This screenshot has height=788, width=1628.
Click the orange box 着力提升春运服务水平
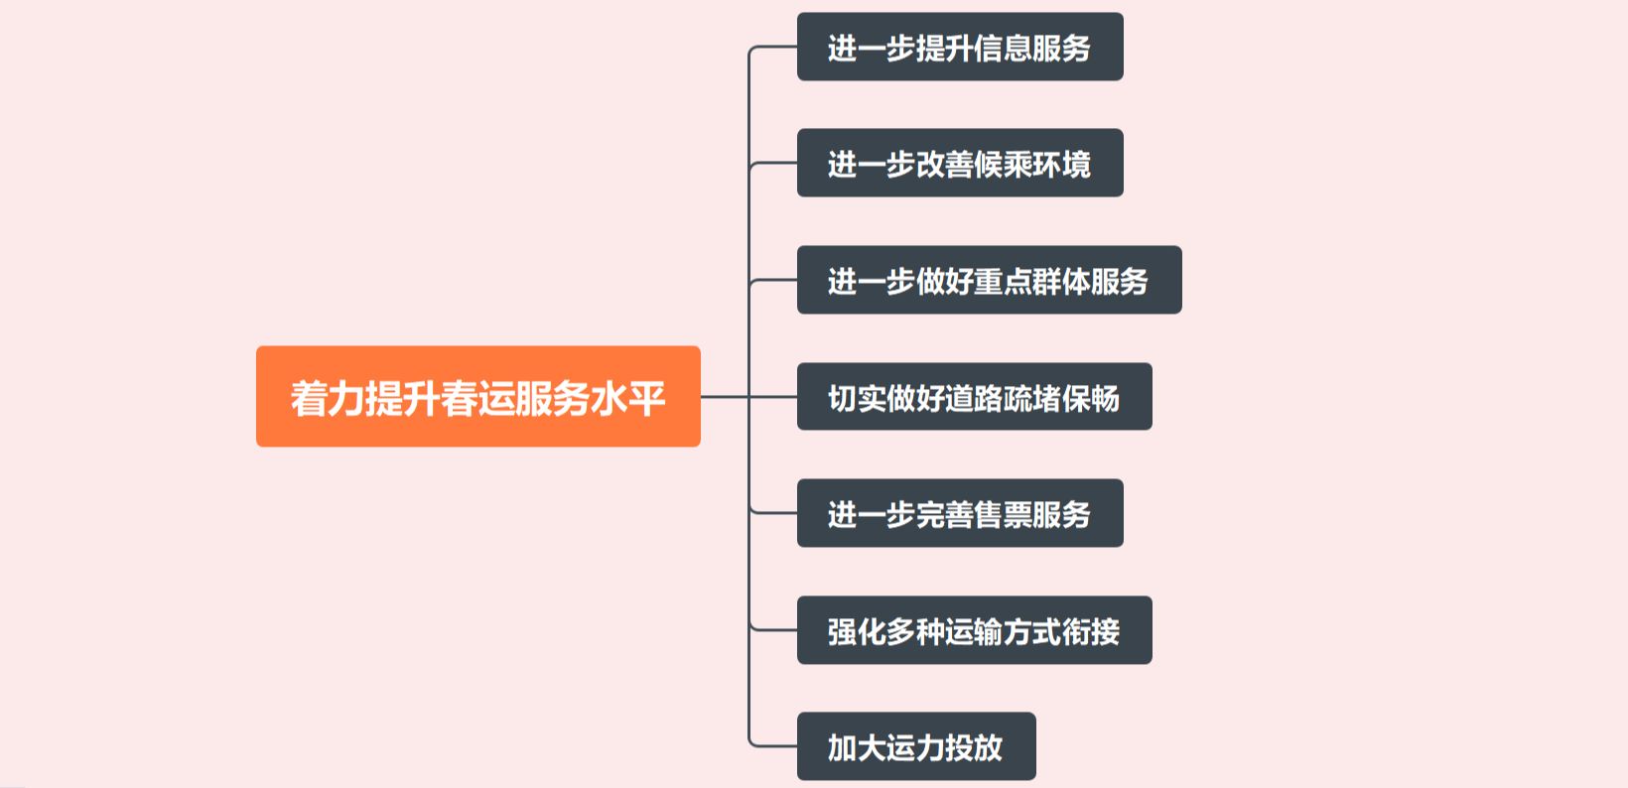click(477, 397)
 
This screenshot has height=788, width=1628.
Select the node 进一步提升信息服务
click(959, 48)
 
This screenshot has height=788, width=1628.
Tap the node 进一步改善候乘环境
click(959, 164)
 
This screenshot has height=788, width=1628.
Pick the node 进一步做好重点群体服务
click(989, 281)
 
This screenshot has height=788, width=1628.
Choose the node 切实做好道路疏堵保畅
click(974, 397)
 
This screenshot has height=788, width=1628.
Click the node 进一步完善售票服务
click(959, 514)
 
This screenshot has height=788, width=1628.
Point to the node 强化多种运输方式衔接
click(974, 631)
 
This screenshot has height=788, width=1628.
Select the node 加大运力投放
click(915, 747)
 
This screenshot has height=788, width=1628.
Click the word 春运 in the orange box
click(478, 398)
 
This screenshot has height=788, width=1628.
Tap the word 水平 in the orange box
click(628, 398)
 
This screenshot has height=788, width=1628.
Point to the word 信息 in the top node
click(1003, 48)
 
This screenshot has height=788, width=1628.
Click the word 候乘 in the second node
click(1003, 164)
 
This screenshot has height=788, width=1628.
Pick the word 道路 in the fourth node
click(974, 398)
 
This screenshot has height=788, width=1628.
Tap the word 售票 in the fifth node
click(1003, 514)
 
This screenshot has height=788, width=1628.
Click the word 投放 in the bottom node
click(974, 747)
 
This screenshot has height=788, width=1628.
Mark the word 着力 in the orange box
click(328, 398)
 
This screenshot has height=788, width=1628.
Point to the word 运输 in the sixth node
click(974, 631)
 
